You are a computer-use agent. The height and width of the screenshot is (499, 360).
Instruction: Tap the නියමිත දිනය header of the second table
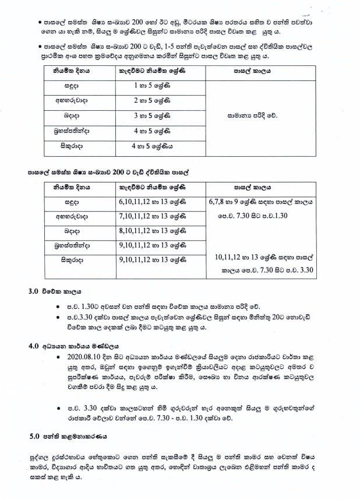[x=72, y=187]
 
